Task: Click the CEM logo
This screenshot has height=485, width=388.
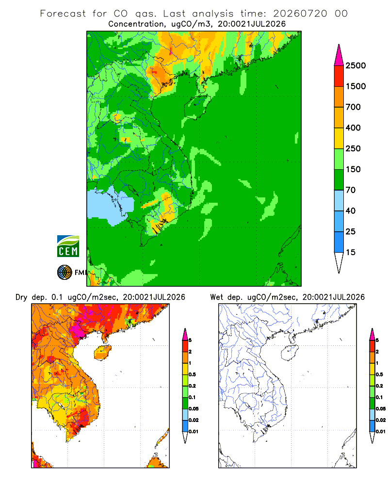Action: click(68, 246)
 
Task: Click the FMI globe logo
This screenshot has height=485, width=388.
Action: click(65, 273)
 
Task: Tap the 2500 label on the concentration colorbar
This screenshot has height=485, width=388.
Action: click(356, 65)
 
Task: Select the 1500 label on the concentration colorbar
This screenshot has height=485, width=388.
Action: click(356, 86)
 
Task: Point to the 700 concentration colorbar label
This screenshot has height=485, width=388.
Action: click(353, 107)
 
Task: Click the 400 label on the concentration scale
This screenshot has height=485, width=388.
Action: click(353, 128)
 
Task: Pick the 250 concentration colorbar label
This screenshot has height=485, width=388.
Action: click(353, 148)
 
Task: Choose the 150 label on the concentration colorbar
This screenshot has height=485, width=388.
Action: click(353, 169)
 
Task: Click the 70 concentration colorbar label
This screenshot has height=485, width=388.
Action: click(351, 190)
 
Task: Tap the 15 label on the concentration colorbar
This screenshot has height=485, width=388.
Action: click(351, 252)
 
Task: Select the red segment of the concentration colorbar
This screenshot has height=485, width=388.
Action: click(339, 76)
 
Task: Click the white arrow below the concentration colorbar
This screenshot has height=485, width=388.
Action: click(339, 262)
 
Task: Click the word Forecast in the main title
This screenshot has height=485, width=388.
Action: click(63, 14)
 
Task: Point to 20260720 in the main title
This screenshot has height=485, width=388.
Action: click(300, 14)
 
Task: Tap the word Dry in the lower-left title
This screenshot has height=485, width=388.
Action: click(21, 297)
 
